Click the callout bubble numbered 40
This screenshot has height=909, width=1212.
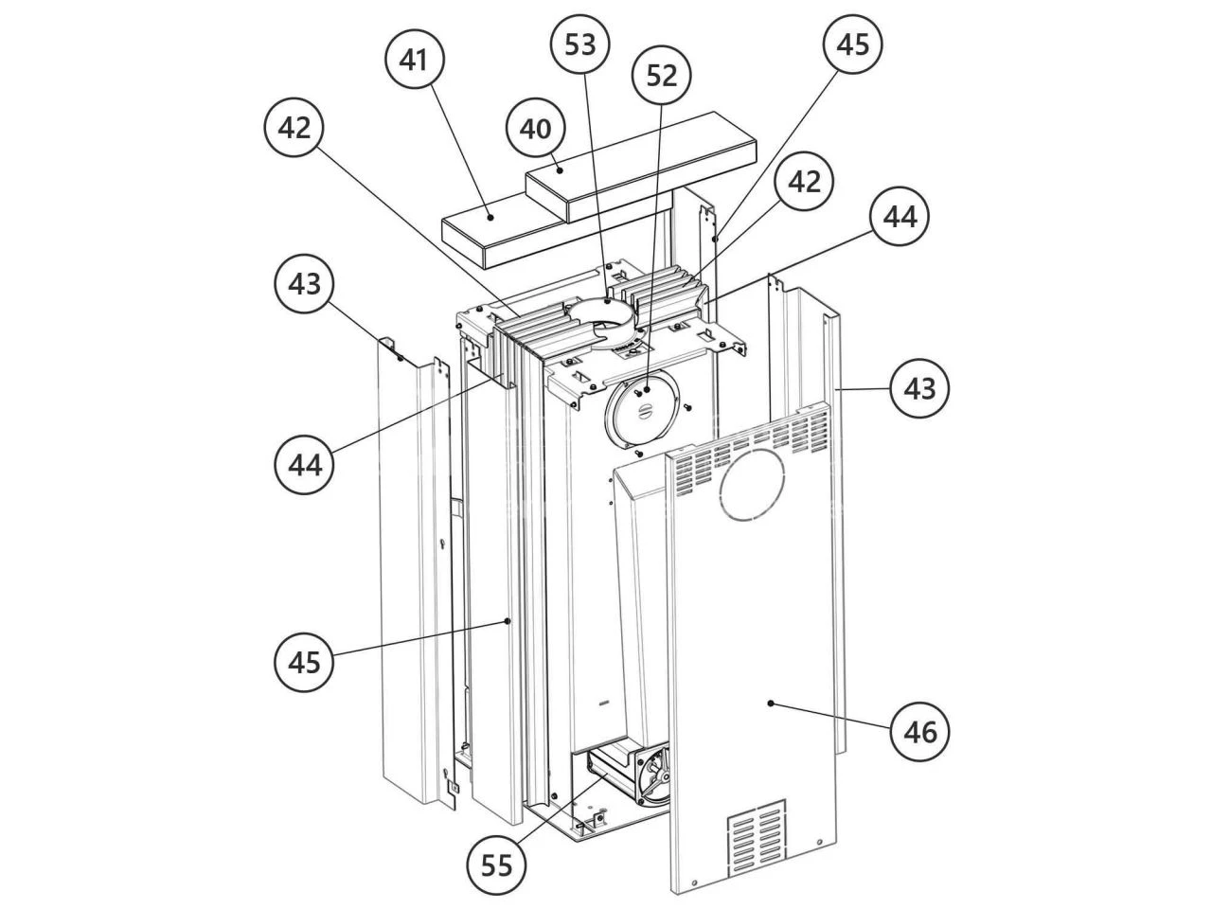coord(536,129)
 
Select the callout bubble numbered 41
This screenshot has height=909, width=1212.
coord(414,59)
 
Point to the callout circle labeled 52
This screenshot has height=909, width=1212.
coord(662,75)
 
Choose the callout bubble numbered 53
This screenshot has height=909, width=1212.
coord(580,45)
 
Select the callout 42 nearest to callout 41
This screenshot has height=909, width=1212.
coord(294,128)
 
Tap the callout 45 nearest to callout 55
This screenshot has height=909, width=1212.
coord(304,662)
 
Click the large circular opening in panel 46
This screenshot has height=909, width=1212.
coord(752,485)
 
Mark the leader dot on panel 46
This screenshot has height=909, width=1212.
coord(771,704)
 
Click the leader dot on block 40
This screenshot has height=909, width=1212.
coord(560,170)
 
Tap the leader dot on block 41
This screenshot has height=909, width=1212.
coord(490,218)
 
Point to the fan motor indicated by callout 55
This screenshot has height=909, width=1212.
coord(630,773)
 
